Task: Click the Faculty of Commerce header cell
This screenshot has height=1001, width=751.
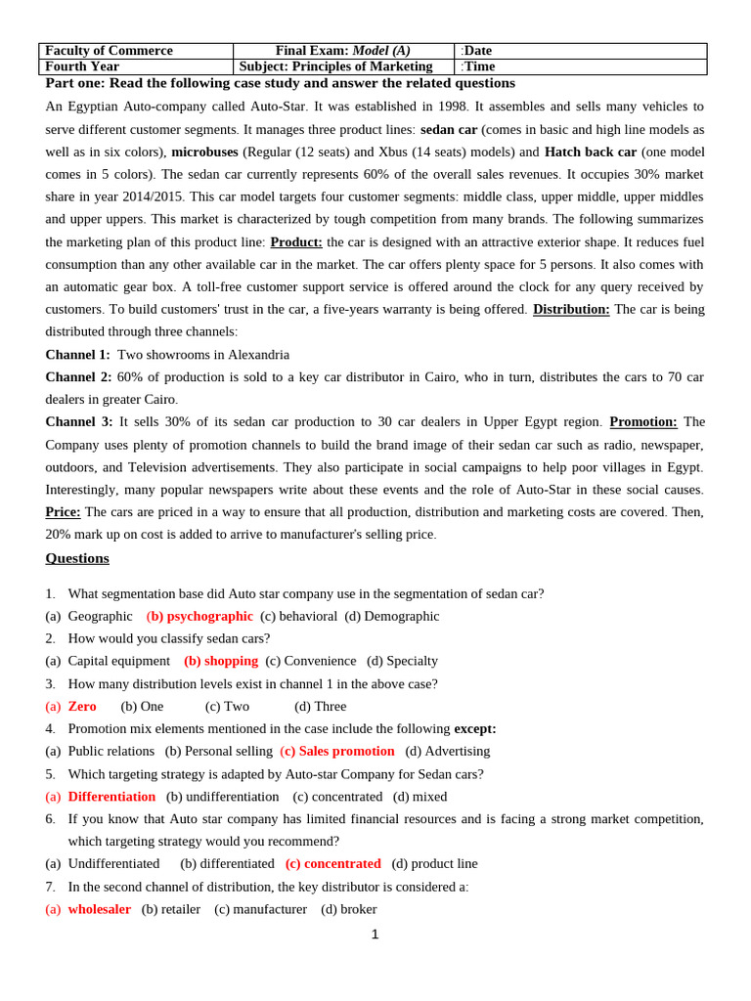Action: click(109, 51)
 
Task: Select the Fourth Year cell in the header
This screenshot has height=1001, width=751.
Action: click(82, 66)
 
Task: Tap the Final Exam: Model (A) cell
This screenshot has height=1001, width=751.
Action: click(342, 51)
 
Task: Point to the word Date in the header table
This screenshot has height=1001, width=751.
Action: click(478, 51)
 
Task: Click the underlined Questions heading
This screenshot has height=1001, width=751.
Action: click(77, 558)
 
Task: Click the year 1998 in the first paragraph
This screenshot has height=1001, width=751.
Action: click(452, 106)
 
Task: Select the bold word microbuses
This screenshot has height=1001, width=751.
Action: click(204, 152)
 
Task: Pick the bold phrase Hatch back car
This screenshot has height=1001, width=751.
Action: click(590, 152)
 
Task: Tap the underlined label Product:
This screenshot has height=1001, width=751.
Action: click(295, 241)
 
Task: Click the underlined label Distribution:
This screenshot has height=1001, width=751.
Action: click(571, 309)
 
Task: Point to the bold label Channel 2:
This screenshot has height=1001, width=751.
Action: click(78, 376)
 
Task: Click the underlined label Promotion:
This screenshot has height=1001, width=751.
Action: click(642, 421)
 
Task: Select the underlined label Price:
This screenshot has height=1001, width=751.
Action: click(63, 511)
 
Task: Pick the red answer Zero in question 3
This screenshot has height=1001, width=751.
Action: click(82, 706)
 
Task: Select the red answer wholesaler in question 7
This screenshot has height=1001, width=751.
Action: click(99, 909)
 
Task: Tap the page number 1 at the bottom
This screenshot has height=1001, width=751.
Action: click(375, 935)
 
